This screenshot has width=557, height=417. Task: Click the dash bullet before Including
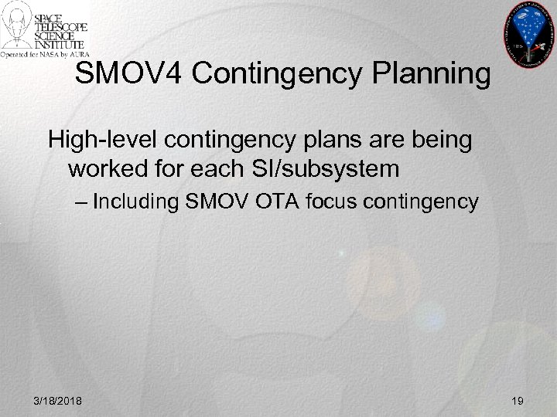point(83,203)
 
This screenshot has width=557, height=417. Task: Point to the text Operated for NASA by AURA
point(46,54)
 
